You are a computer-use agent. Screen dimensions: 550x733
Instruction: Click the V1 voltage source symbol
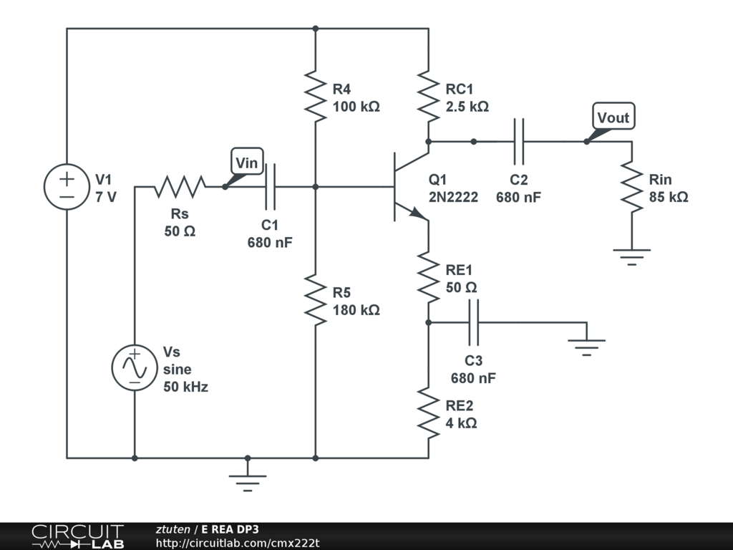pyautogui.click(x=67, y=187)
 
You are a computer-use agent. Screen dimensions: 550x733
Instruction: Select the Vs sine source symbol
pyautogui.click(x=134, y=367)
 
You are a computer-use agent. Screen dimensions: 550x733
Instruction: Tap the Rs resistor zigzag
pyautogui.click(x=180, y=187)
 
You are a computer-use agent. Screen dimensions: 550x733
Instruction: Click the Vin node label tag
pyautogui.click(x=246, y=163)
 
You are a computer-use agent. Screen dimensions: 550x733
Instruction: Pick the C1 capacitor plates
pyautogui.click(x=270, y=187)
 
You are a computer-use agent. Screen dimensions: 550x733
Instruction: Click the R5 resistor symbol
pyautogui.click(x=316, y=298)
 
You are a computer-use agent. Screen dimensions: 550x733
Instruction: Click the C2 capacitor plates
pyautogui.click(x=519, y=141)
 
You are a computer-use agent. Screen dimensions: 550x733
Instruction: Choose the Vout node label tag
pyautogui.click(x=613, y=117)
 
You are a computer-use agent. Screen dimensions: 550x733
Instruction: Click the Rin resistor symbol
pyautogui.click(x=632, y=186)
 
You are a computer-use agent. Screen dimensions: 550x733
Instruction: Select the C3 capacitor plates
pyautogui.click(x=473, y=322)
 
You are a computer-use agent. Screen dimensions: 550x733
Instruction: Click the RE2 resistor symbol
pyautogui.click(x=428, y=412)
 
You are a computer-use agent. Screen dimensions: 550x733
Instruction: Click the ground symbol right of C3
pyautogui.click(x=586, y=347)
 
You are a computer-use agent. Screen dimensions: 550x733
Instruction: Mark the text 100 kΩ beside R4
pyautogui.click(x=356, y=107)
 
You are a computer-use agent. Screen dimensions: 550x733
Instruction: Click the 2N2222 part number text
pyautogui.click(x=453, y=198)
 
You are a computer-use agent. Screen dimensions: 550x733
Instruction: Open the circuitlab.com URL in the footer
pyautogui.click(x=238, y=543)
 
